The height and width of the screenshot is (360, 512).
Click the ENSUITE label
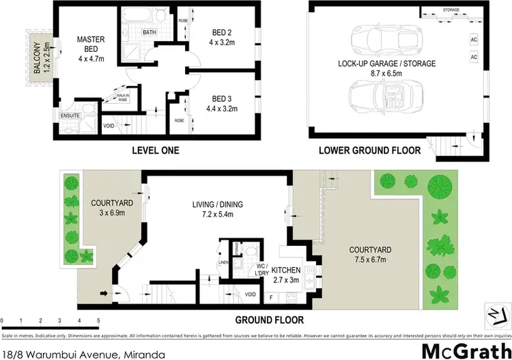pyautogui.click(x=70, y=115)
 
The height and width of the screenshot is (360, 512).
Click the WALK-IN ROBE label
pyautogui.click(x=124, y=98)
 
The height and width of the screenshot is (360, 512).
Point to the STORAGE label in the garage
pyautogui.click(x=451, y=10)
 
